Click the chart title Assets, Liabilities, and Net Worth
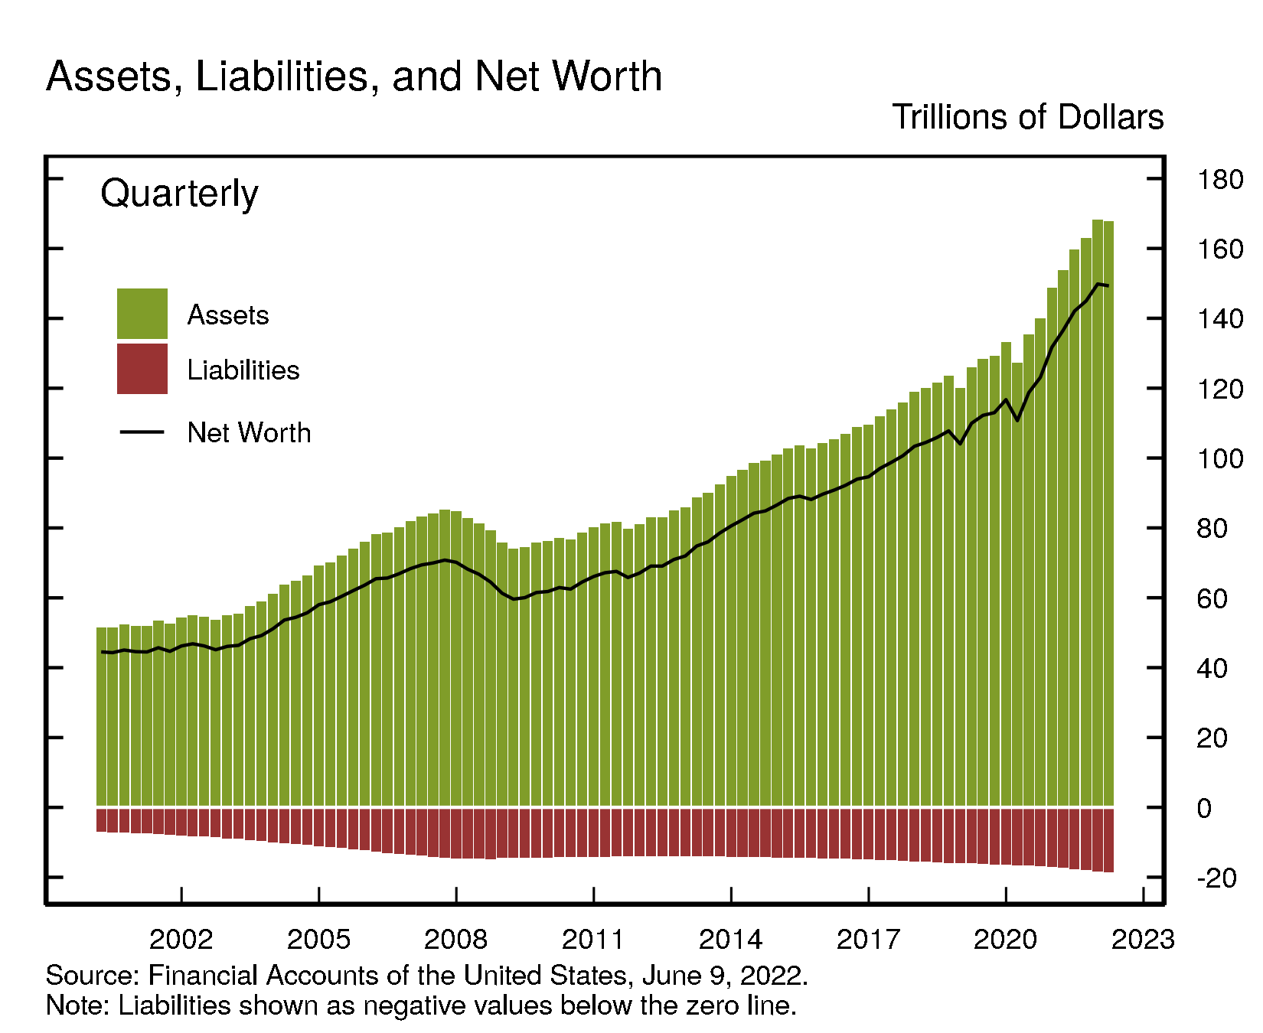(354, 77)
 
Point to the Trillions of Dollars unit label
(1027, 118)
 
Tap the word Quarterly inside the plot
(179, 194)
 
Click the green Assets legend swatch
(142, 314)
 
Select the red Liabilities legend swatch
(142, 369)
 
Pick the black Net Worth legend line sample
(142, 432)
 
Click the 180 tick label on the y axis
(1219, 181)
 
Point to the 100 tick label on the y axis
(1219, 460)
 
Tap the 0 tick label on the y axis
(1205, 809)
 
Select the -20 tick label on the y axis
(1216, 878)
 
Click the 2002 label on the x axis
(181, 939)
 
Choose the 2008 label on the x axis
(456, 939)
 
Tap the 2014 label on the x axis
(731, 939)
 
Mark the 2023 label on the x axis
(1143, 939)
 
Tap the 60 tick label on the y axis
(1212, 599)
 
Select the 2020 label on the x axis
(1005, 939)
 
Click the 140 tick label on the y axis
(1219, 320)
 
